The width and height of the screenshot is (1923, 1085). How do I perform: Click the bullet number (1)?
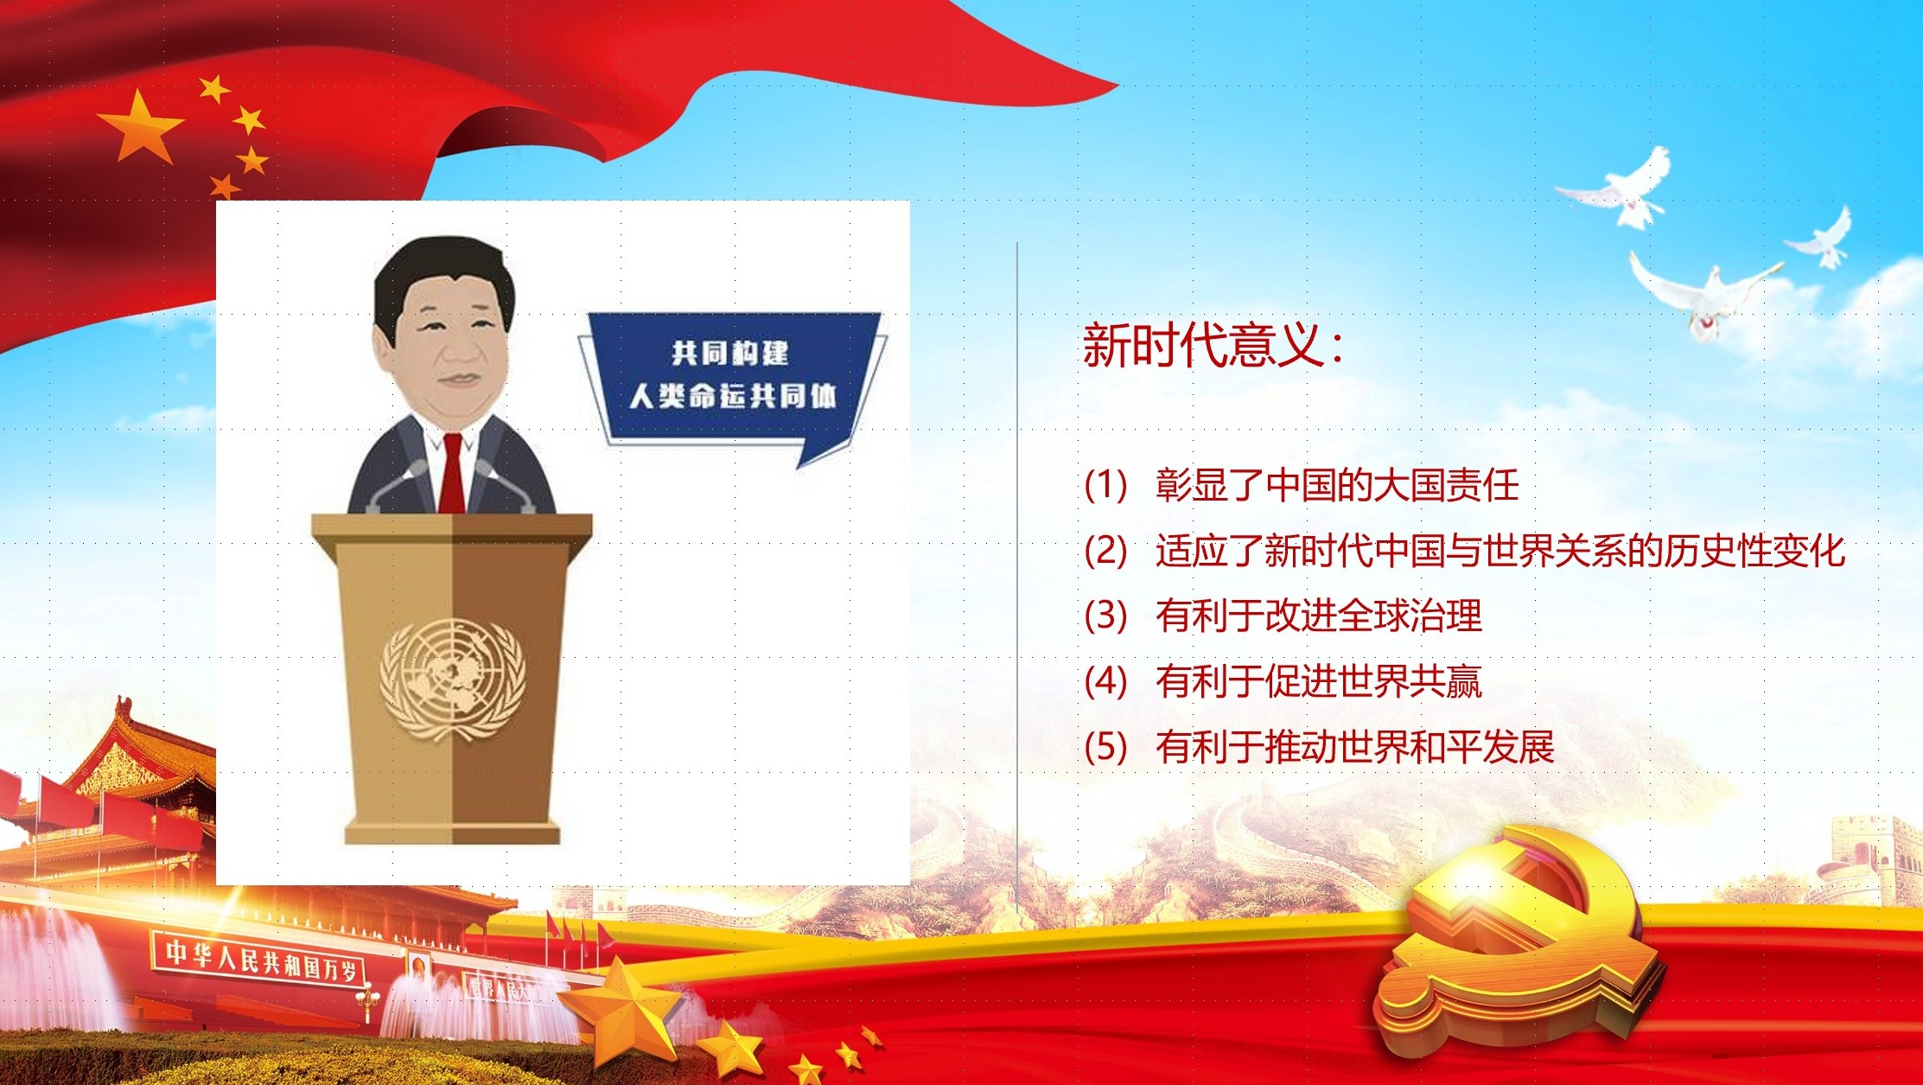point(1106,485)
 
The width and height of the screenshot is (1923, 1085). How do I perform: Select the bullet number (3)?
point(1106,616)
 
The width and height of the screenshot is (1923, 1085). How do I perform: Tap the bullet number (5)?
point(1106,747)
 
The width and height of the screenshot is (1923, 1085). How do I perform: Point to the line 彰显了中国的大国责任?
point(1337,485)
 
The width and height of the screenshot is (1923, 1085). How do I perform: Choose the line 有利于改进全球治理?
point(1319,616)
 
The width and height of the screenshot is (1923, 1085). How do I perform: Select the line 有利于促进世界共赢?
point(1319,681)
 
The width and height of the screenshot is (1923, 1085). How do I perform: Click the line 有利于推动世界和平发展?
point(1355,747)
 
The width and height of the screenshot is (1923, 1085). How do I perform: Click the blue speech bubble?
point(733,380)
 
